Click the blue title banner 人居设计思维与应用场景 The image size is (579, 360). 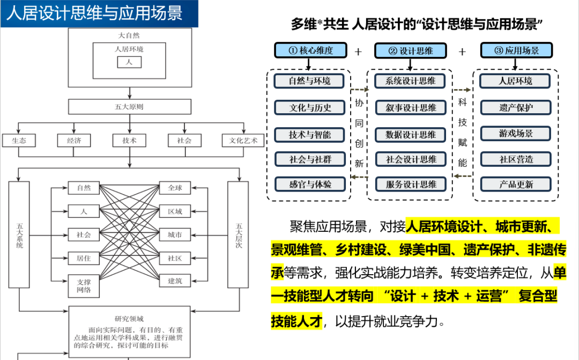click(x=99, y=13)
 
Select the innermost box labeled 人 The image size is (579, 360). click(x=129, y=62)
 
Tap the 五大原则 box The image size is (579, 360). click(x=129, y=106)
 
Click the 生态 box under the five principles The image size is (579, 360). click(x=18, y=141)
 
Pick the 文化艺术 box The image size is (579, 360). click(x=243, y=141)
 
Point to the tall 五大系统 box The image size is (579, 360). click(x=19, y=234)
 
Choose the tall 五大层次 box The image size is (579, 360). click(x=238, y=234)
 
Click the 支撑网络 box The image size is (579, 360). click(x=84, y=285)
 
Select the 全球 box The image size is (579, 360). click(x=175, y=188)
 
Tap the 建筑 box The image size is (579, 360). click(x=175, y=281)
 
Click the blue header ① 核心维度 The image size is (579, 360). click(x=310, y=50)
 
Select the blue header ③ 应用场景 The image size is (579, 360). click(x=516, y=50)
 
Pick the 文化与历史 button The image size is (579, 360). click(x=310, y=107)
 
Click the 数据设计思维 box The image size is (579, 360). click(x=411, y=135)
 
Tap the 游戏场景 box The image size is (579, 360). click(x=516, y=133)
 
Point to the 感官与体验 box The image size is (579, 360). click(x=310, y=184)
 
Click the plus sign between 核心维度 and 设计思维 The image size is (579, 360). click(x=358, y=52)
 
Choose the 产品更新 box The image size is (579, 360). click(x=516, y=184)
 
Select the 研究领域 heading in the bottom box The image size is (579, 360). click(x=129, y=318)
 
